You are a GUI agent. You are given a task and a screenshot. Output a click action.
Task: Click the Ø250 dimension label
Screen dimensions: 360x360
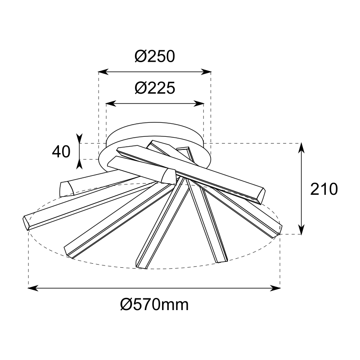coord(155,57)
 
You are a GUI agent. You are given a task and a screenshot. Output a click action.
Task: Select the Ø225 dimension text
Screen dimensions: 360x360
coord(155,88)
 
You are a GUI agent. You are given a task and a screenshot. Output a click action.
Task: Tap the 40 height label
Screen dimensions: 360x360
coord(61,152)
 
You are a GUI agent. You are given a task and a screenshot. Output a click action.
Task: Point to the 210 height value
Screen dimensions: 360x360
coord(324,189)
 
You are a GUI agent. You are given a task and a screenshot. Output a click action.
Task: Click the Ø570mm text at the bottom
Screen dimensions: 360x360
coord(154,305)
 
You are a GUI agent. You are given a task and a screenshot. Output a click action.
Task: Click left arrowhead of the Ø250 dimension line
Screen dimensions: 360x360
coord(103,72)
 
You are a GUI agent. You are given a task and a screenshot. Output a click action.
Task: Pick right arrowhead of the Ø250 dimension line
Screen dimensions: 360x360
coord(206,72)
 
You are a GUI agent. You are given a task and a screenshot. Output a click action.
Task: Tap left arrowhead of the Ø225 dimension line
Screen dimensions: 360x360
coord(111,103)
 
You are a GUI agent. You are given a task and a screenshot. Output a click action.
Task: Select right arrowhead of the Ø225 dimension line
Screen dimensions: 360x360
coord(199,103)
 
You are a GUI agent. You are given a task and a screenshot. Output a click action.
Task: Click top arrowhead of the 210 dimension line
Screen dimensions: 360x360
coord(301,148)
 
